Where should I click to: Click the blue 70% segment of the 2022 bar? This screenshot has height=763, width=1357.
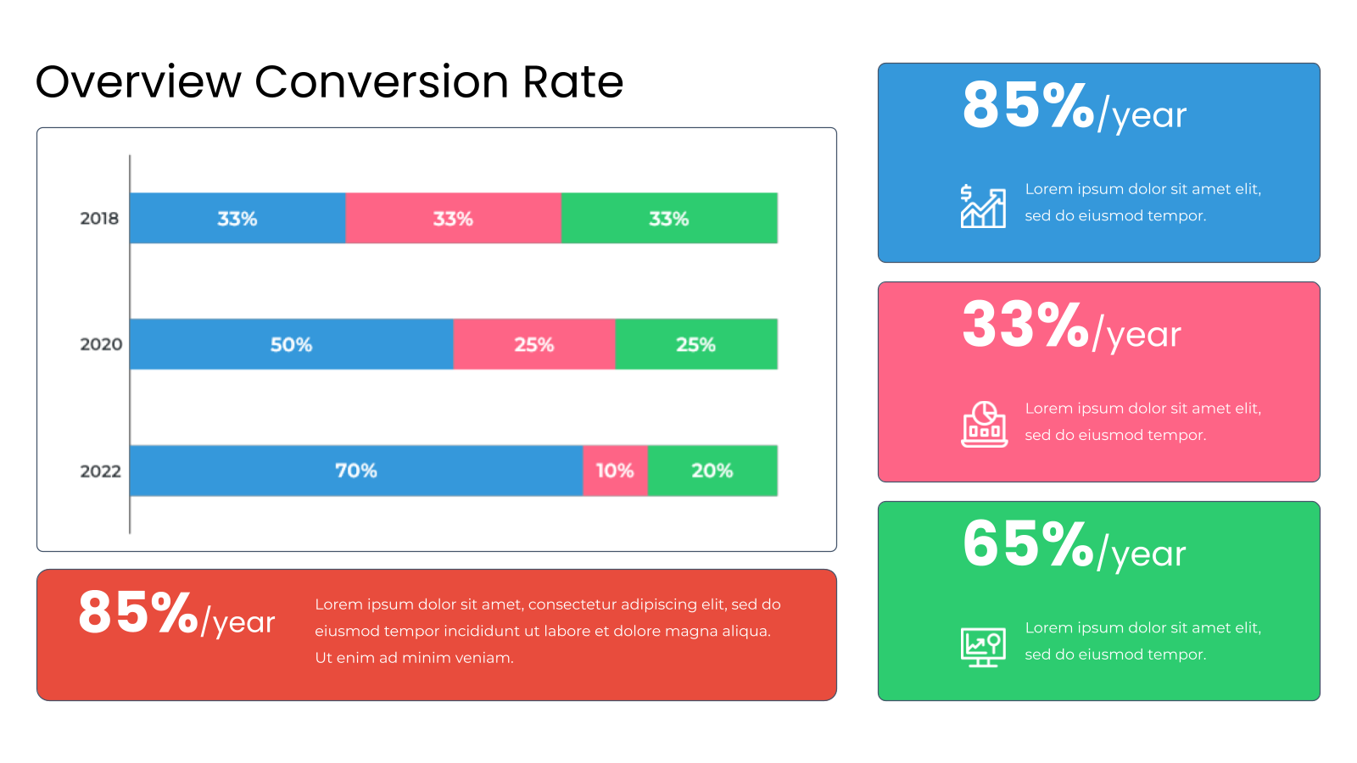[356, 471]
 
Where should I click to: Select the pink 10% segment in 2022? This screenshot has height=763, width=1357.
[616, 471]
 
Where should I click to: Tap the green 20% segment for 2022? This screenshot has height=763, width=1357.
[712, 471]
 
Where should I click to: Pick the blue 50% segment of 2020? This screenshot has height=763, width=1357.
[292, 344]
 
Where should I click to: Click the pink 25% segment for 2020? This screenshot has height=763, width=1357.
[534, 344]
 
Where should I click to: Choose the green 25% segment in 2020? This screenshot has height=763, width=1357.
[696, 344]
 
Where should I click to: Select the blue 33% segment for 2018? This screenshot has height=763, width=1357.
[237, 218]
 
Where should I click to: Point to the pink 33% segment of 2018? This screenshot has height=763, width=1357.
[454, 218]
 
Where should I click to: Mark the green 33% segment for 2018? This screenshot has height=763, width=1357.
[669, 218]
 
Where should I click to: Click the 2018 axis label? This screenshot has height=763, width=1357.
[99, 218]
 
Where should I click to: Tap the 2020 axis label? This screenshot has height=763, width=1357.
[101, 344]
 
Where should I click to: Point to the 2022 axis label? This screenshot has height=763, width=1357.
[101, 471]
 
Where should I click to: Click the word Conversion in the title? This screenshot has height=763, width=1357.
[382, 81]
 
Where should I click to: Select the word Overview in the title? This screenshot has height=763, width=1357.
[139, 81]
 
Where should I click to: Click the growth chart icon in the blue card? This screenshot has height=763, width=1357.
[983, 206]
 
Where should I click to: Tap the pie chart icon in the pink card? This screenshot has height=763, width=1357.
[985, 424]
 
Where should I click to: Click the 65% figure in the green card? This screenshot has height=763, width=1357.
[1028, 544]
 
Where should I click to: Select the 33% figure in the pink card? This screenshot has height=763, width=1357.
[1025, 326]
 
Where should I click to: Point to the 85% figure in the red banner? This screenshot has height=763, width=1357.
[138, 612]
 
